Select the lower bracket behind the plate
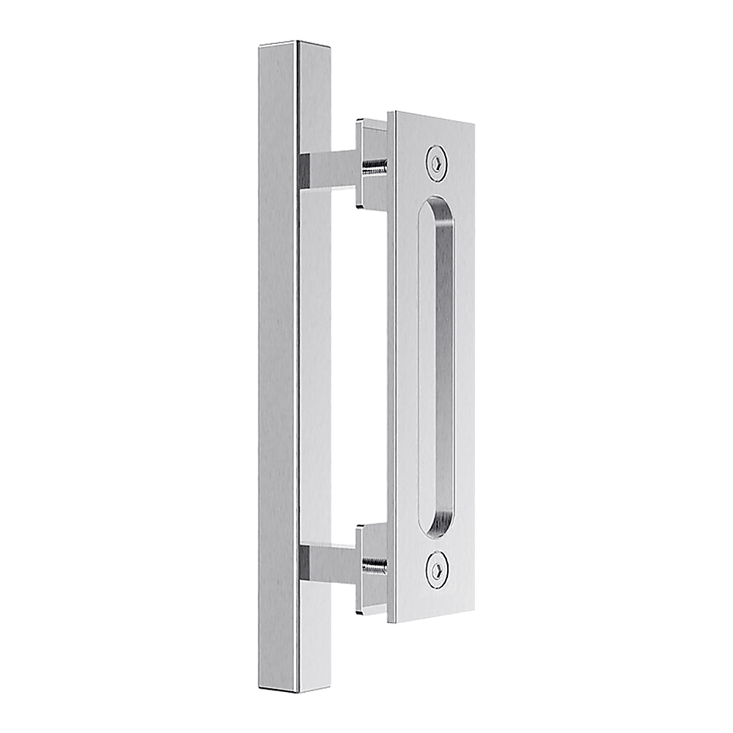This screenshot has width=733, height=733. coord(370,531)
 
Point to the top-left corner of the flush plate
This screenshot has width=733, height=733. coord(388,112)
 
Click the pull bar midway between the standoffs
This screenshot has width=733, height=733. coord(279,366)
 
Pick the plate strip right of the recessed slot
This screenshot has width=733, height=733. coord(465,366)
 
